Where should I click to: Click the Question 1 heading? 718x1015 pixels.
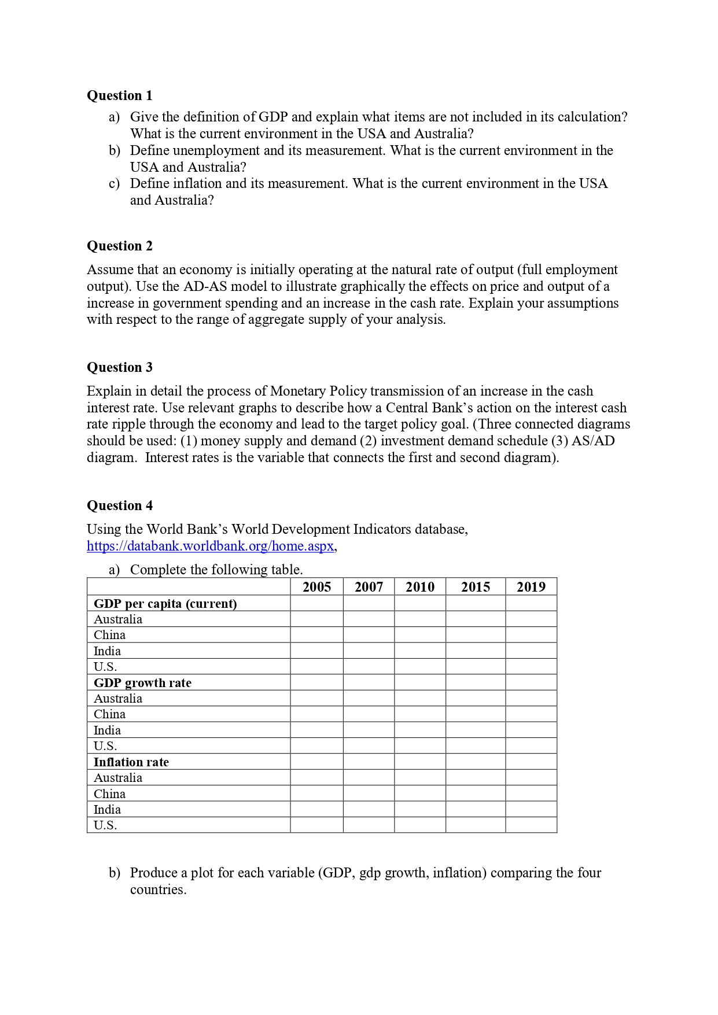[x=119, y=95]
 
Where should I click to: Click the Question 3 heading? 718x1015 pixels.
[x=119, y=367]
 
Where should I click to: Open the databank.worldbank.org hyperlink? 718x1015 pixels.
[x=211, y=546]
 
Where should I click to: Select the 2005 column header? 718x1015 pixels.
[x=316, y=587]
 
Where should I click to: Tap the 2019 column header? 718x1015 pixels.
[x=531, y=587]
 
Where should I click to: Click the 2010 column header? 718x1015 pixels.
[x=419, y=587]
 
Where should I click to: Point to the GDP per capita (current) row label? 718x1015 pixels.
[x=165, y=604]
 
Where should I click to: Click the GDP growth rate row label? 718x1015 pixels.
[x=142, y=683]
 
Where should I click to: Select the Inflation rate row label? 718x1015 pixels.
[x=131, y=762]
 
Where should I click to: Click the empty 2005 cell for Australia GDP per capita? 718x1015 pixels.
[x=316, y=619]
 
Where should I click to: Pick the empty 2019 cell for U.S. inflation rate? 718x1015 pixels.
[x=531, y=825]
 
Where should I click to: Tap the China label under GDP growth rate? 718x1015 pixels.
[x=109, y=714]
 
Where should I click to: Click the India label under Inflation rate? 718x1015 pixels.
[x=107, y=810]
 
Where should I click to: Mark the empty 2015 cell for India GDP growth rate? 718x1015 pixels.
[x=475, y=730]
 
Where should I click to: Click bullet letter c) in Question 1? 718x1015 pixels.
[x=115, y=184]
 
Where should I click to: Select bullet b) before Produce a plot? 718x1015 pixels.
[x=115, y=873]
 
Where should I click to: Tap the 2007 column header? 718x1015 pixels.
[x=369, y=587]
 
